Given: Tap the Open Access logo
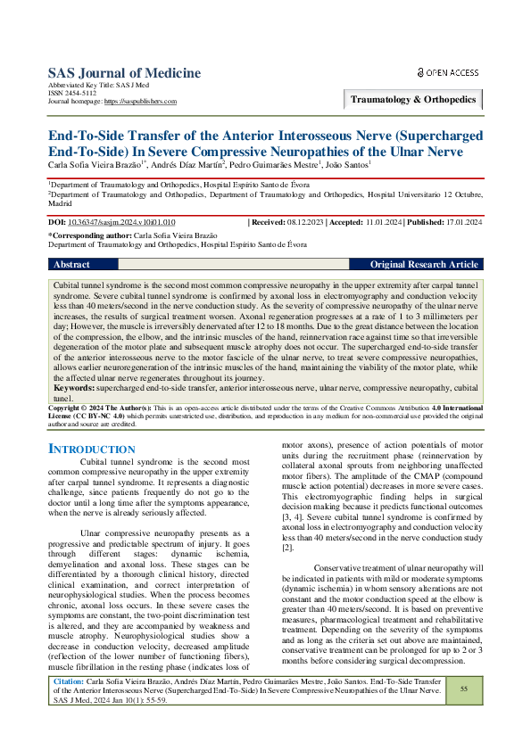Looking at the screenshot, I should tap(448, 72).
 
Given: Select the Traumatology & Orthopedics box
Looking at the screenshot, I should tap(412, 99).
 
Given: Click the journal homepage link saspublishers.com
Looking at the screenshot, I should tap(140, 102).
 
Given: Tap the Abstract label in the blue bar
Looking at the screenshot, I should tap(71, 265).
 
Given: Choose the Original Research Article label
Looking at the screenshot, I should tap(424, 265).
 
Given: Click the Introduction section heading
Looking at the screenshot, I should tap(91, 449).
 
